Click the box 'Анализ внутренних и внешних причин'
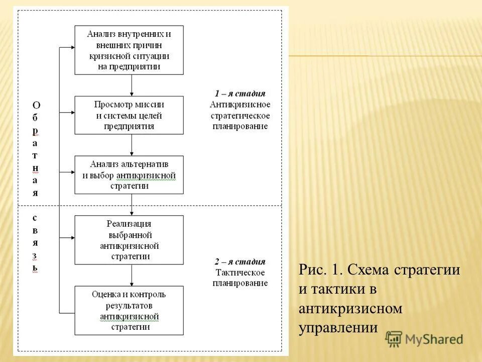(x=129, y=50)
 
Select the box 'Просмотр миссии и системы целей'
(x=129, y=115)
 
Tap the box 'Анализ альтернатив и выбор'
(x=129, y=174)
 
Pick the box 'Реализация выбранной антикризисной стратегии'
(x=129, y=240)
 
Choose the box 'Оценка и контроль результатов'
(x=129, y=310)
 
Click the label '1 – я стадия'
(x=240, y=94)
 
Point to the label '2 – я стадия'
(x=240, y=261)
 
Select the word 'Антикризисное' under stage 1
(x=240, y=105)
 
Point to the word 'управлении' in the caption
(x=337, y=328)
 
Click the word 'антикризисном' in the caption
(x=350, y=308)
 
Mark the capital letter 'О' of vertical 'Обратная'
(x=36, y=105)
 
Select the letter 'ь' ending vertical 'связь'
(x=35, y=267)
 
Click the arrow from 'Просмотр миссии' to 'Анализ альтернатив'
(x=132, y=145)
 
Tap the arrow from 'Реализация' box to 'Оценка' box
(x=132, y=275)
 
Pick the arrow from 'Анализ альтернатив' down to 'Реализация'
(x=132, y=205)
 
